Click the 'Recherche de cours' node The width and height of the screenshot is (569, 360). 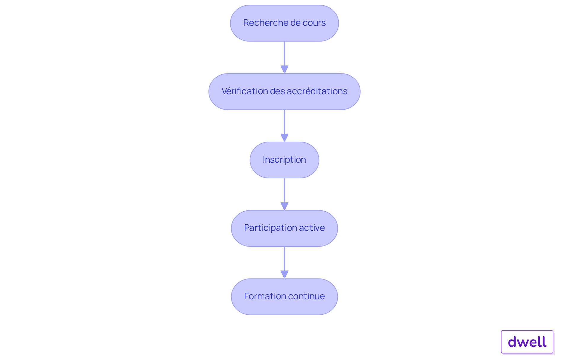[284, 23]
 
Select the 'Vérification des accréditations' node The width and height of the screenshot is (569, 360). [284, 92]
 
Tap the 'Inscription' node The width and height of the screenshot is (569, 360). [284, 160]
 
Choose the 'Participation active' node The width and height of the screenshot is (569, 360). [284, 228]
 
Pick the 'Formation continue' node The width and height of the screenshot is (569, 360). [284, 297]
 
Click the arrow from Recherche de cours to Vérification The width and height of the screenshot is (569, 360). [284, 57]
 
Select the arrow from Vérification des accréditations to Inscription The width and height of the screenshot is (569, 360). [284, 126]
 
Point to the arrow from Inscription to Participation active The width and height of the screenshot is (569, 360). [284, 194]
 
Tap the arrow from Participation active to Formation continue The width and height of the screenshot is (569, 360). [284, 263]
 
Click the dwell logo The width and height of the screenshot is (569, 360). [527, 342]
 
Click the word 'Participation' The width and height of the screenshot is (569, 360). [270, 228]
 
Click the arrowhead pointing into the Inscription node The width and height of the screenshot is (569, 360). [284, 138]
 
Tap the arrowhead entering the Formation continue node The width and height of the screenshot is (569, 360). [284, 275]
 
